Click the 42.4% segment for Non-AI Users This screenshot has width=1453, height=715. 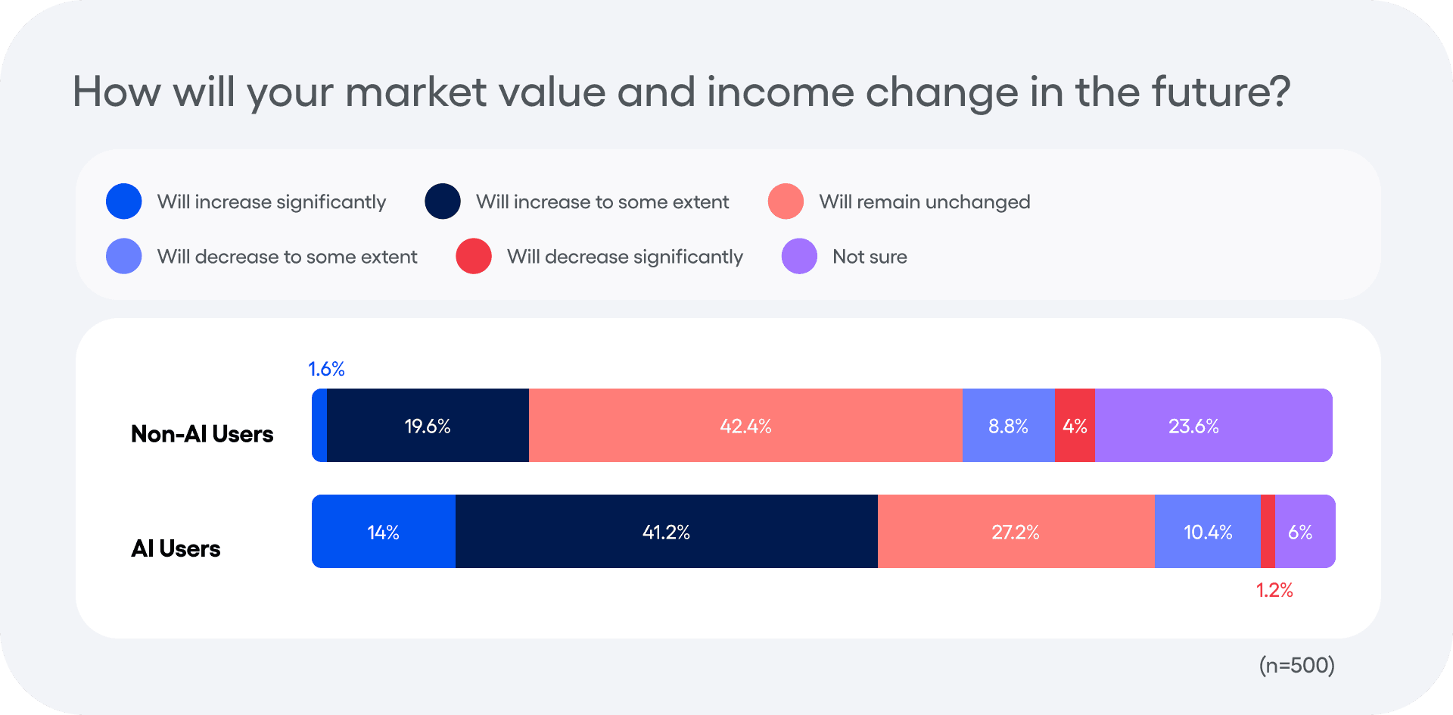click(x=745, y=426)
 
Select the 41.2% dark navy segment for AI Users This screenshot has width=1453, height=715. click(x=666, y=532)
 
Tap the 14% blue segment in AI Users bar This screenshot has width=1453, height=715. click(x=383, y=532)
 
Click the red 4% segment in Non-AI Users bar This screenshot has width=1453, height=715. click(x=1075, y=426)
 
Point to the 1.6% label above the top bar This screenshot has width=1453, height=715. click(x=326, y=369)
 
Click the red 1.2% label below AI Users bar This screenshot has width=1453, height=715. click(x=1274, y=590)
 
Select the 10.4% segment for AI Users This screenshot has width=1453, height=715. click(x=1208, y=532)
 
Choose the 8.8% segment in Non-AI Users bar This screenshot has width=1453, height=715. click(x=1008, y=426)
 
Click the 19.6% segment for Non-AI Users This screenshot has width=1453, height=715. click(x=428, y=426)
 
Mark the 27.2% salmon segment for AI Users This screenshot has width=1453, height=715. click(x=1016, y=532)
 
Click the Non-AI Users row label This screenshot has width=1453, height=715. click(x=202, y=434)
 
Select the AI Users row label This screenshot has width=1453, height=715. click(x=176, y=548)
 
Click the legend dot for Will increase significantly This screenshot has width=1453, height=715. click(x=124, y=201)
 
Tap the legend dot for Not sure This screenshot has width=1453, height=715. click(x=799, y=256)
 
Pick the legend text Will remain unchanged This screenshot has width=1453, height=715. click(x=924, y=201)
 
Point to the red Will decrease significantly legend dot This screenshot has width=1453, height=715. click(x=474, y=256)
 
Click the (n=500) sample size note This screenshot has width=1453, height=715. click(x=1296, y=665)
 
